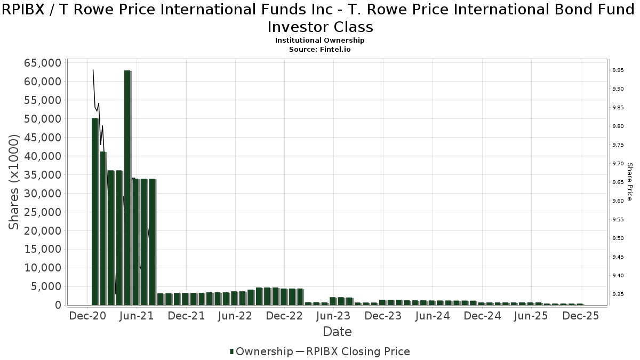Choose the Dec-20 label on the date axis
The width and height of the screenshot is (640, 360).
pyautogui.click(x=88, y=316)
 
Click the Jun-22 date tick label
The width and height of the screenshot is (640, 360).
pyautogui.click(x=235, y=316)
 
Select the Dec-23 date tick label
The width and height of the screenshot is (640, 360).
pyautogui.click(x=383, y=316)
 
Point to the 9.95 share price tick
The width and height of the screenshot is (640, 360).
pyautogui.click(x=618, y=70)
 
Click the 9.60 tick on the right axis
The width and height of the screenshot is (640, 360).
pyautogui.click(x=618, y=201)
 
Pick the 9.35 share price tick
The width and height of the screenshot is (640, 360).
pyautogui.click(x=618, y=294)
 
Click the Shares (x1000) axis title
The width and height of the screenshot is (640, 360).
pyautogui.click(x=14, y=182)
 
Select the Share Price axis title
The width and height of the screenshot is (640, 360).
pyautogui.click(x=629, y=182)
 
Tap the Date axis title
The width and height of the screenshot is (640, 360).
pyautogui.click(x=337, y=332)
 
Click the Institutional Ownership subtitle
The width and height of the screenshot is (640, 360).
pyautogui.click(x=320, y=41)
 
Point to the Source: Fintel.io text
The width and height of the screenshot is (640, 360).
pyautogui.click(x=320, y=49)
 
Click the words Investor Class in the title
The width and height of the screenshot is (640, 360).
pyautogui.click(x=320, y=27)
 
